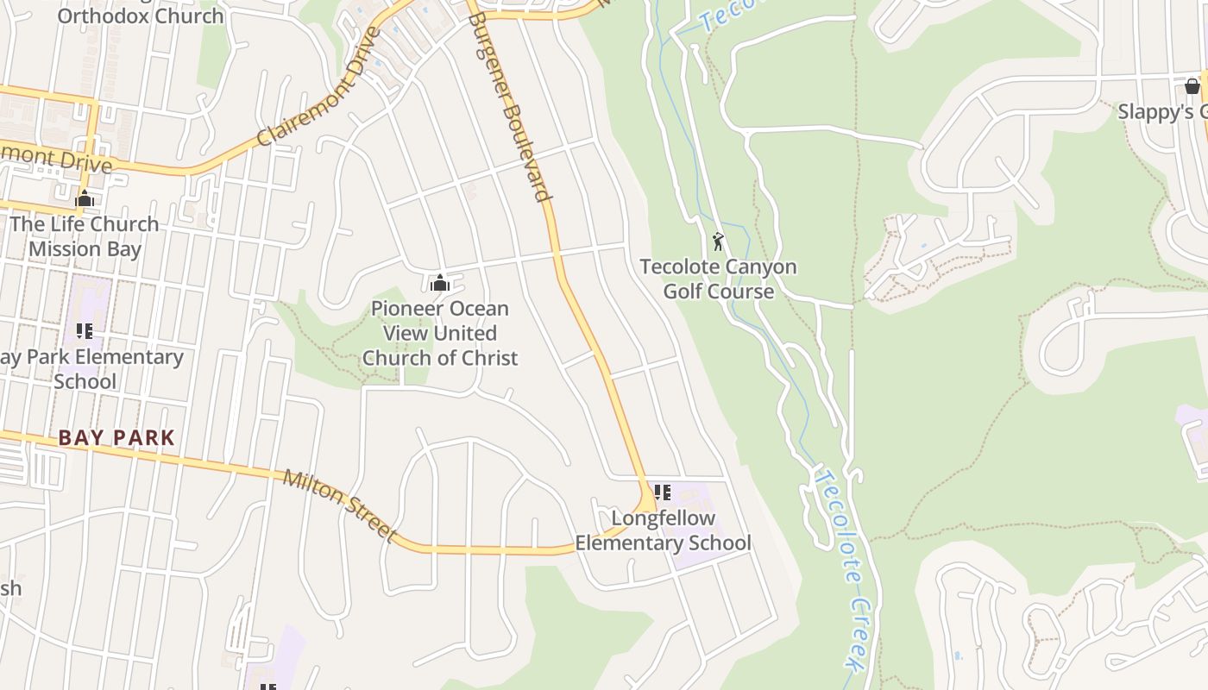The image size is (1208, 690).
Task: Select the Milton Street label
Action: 339,505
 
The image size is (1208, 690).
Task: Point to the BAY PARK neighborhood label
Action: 116,438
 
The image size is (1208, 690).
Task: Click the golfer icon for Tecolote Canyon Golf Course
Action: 718,241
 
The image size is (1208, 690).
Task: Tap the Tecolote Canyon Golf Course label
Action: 718,279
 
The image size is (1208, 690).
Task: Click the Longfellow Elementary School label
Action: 663,530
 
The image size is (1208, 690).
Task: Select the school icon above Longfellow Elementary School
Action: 662,492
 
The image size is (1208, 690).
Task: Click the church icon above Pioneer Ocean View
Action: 440,282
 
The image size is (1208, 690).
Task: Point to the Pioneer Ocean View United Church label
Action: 440,333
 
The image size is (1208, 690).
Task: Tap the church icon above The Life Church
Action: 84,198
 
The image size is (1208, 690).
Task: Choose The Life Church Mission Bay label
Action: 84,236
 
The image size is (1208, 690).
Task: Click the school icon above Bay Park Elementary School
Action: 84,330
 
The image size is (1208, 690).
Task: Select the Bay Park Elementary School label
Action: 91,369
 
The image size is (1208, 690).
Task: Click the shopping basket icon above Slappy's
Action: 1192,85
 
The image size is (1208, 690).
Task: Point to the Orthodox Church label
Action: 140,16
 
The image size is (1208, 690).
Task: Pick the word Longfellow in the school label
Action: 663,518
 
